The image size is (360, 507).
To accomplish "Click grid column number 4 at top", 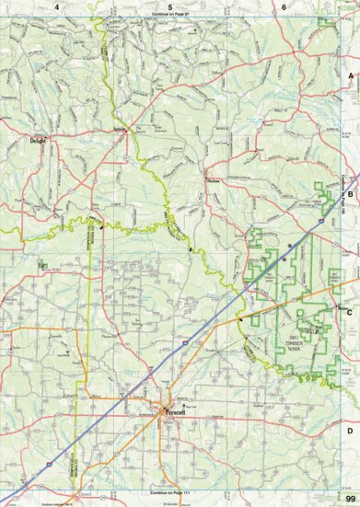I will (56, 6).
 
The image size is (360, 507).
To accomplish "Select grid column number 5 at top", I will (170, 6).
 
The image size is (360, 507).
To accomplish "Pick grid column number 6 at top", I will (285, 6).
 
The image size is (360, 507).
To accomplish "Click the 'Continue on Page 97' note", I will (170, 17).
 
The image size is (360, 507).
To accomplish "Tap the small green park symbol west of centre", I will (42, 265).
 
